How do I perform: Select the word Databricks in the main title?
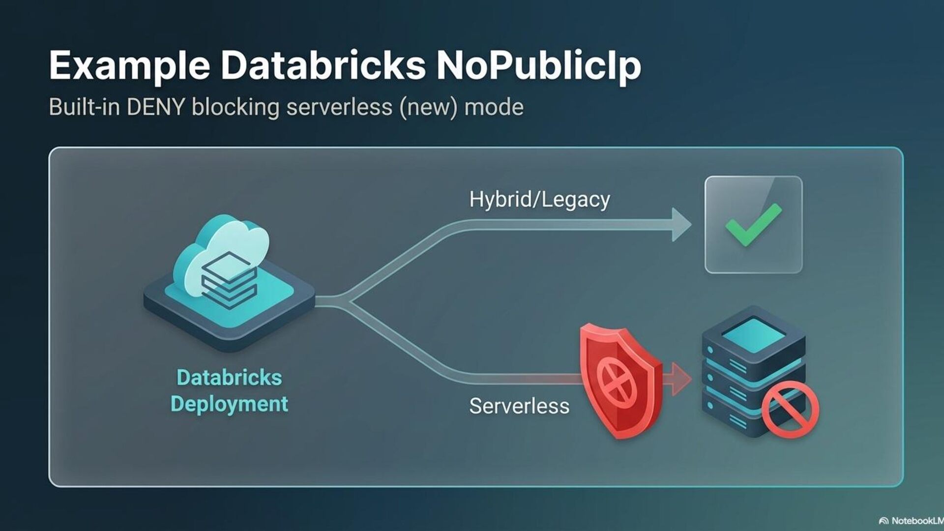(x=323, y=65)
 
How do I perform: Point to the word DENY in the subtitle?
(x=156, y=107)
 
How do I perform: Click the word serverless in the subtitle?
(x=339, y=107)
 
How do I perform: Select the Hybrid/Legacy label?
(x=539, y=200)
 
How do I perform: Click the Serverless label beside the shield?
(x=519, y=406)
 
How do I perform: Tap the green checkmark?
(x=752, y=225)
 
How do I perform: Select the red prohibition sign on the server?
(x=790, y=410)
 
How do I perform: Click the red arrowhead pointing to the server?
(x=680, y=379)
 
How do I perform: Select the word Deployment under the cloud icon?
(x=229, y=404)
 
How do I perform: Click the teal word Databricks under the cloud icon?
(x=229, y=378)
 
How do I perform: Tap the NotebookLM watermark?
(x=912, y=521)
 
